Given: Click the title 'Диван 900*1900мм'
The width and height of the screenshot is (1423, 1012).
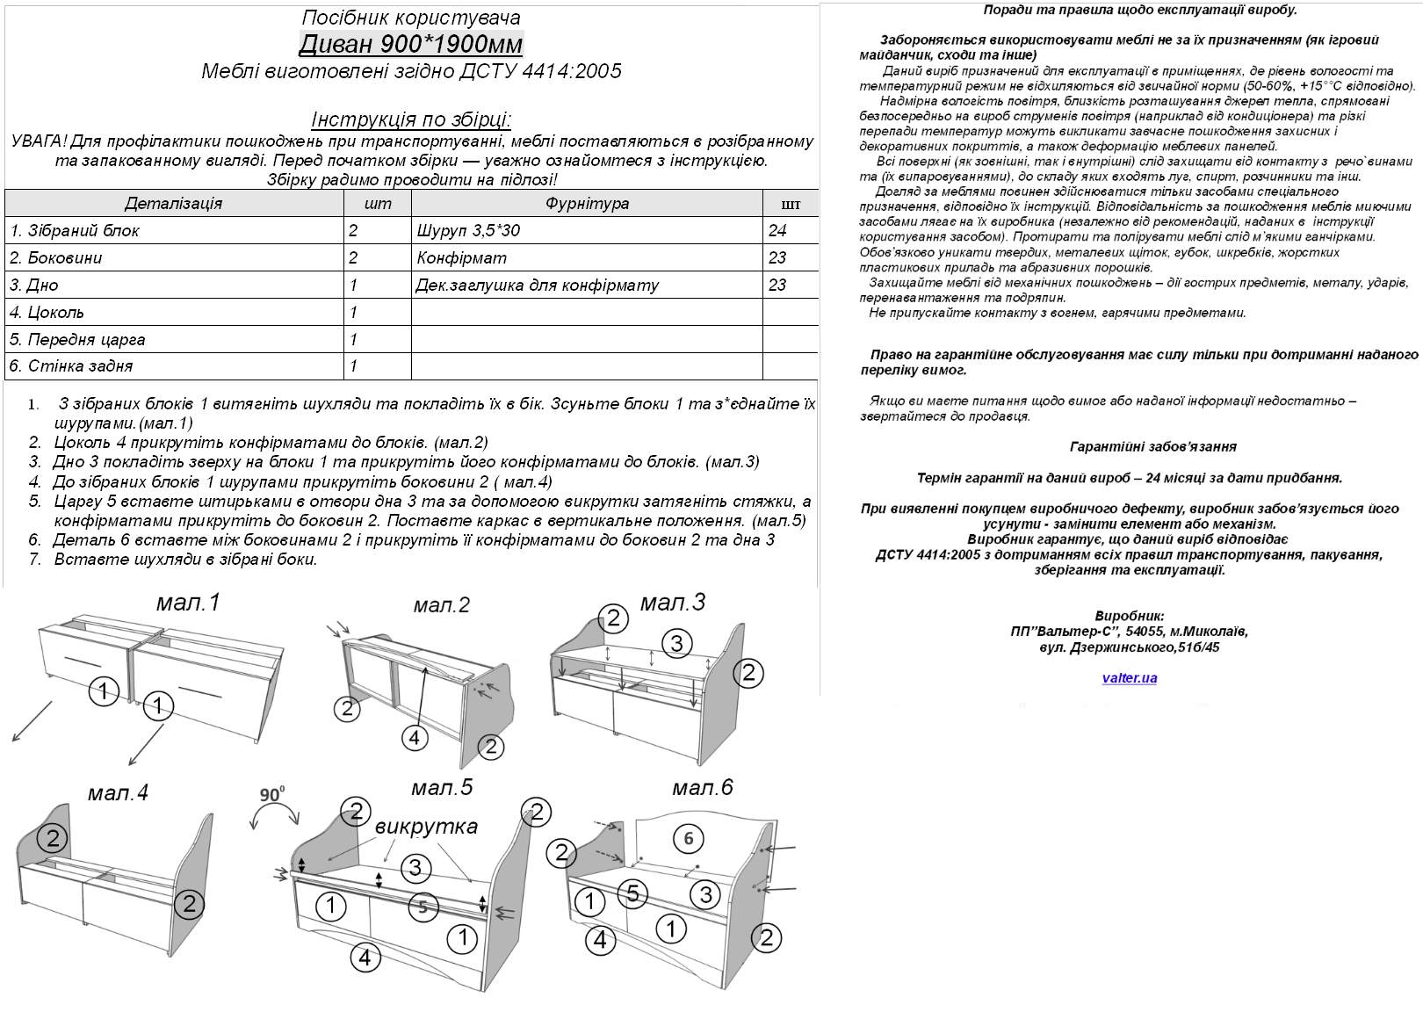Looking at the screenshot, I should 411,44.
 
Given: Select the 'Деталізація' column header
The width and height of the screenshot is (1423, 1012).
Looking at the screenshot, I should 173,203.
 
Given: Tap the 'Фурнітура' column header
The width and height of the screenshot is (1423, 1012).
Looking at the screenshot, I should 587,203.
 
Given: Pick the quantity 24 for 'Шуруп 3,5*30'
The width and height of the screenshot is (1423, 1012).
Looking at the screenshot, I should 777,231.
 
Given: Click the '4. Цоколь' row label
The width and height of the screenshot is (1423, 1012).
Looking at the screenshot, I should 47,312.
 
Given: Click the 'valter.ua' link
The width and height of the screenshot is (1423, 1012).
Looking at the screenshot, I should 1129,678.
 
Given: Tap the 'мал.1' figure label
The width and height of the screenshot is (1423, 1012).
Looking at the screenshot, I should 188,602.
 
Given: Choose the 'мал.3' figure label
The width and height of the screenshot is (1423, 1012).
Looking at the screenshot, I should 672,602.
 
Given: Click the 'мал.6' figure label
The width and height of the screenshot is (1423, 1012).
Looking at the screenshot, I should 702,787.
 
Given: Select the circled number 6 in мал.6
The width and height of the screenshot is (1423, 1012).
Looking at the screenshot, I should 688,838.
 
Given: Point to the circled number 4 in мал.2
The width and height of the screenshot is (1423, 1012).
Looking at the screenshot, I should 415,738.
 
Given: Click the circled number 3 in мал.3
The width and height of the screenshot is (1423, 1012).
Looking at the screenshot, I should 675,643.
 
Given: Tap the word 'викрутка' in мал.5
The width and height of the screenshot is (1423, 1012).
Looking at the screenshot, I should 426,826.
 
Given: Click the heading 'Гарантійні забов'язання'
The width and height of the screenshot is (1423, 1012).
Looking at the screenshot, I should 1152,446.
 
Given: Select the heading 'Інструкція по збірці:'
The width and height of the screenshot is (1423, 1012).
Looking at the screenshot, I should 411,119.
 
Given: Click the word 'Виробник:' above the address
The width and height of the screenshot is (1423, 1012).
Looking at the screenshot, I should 1129,616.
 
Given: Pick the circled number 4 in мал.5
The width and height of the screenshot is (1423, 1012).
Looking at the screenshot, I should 365,957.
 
